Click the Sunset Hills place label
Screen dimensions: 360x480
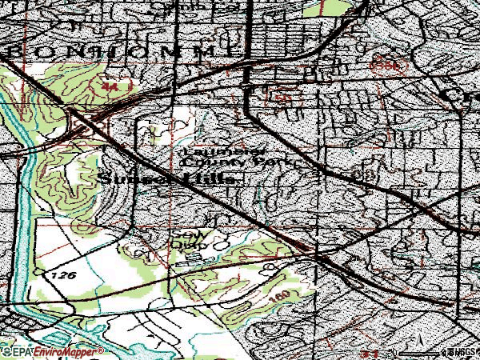pos(169,181)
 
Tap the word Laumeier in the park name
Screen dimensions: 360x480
pos(211,150)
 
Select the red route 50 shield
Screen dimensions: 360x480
pos(282,98)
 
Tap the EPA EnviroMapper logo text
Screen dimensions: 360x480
pos(53,351)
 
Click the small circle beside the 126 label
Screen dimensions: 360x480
pos(38,273)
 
